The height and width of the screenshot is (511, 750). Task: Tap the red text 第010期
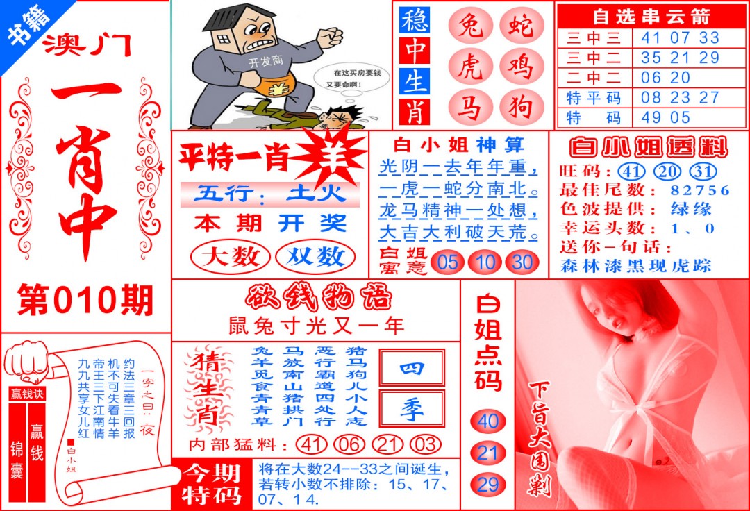(x=85, y=301)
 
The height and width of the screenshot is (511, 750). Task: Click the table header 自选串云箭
(x=651, y=15)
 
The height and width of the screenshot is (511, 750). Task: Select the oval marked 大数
(x=230, y=257)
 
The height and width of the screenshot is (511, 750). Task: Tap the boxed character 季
(x=411, y=409)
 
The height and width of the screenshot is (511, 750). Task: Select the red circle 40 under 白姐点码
(x=488, y=421)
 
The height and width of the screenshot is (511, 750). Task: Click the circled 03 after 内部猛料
(x=425, y=444)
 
